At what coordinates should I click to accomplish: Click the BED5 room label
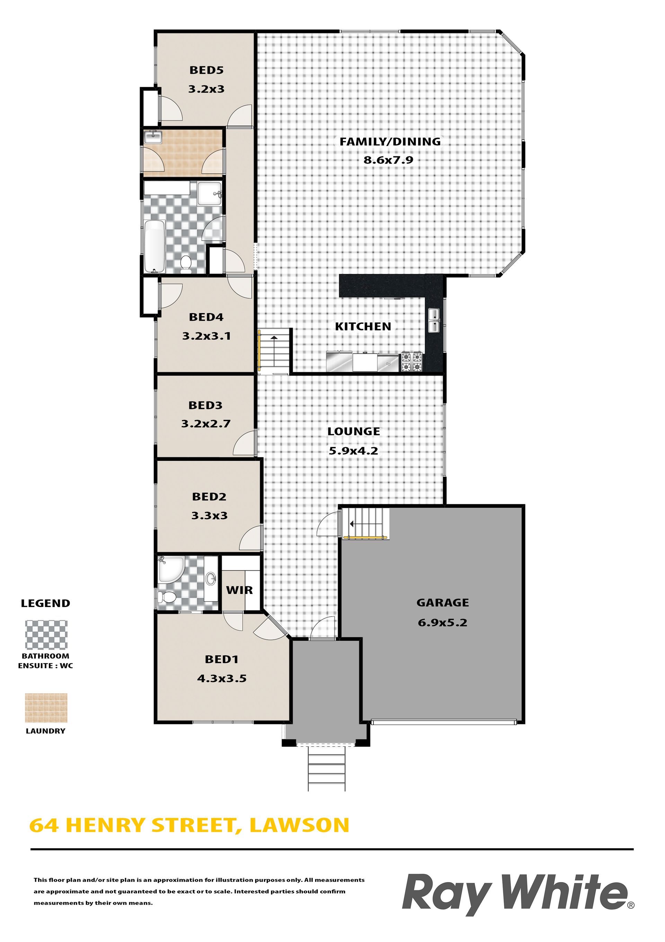(206, 70)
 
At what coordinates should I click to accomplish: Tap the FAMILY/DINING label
(390, 141)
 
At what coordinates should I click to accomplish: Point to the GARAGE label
(442, 603)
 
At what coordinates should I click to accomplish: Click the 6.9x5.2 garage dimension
(442, 622)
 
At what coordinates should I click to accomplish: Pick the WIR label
(239, 590)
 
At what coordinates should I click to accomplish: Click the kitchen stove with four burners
(411, 362)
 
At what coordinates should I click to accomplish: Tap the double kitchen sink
(434, 320)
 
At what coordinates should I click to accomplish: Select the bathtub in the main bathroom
(154, 246)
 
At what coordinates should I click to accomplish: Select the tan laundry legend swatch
(46, 708)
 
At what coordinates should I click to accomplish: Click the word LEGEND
(45, 604)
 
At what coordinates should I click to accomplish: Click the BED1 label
(221, 659)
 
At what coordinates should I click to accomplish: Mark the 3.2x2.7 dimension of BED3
(206, 423)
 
